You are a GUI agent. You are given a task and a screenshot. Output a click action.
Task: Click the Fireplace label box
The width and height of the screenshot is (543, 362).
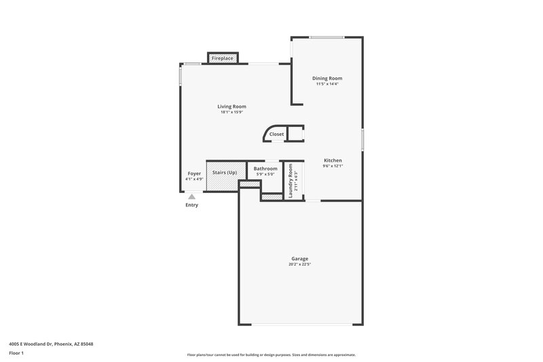click(223, 59)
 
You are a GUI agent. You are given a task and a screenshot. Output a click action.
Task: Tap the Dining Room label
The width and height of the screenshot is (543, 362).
click(326, 78)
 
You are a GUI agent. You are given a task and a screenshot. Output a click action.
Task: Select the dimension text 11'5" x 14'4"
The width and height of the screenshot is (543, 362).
click(326, 84)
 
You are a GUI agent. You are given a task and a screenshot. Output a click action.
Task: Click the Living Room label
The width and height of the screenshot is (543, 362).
click(231, 107)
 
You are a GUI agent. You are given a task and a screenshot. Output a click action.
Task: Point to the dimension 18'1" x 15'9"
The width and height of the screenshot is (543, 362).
click(231, 112)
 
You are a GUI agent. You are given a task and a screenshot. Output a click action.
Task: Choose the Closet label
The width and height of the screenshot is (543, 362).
click(276, 134)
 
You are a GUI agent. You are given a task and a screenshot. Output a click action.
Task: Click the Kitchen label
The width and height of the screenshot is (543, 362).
click(333, 160)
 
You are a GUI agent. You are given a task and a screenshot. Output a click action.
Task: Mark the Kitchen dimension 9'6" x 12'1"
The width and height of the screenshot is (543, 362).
click(333, 166)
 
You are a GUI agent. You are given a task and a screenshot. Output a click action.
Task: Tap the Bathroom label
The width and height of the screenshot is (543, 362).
click(265, 168)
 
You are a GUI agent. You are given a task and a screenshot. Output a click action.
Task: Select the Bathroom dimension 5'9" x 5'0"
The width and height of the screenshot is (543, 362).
click(265, 174)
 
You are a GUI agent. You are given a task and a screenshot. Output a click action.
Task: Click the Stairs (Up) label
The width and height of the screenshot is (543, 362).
click(225, 173)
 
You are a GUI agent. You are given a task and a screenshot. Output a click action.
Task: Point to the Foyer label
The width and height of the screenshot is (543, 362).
click(194, 174)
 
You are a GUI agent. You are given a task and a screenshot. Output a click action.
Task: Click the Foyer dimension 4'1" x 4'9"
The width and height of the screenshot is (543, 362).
click(194, 179)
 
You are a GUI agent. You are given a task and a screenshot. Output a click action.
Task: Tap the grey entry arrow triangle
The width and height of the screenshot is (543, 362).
click(192, 196)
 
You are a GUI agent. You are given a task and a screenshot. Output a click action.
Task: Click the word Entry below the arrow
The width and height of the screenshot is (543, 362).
click(192, 205)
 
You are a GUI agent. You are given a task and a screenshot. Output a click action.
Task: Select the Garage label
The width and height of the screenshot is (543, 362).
click(300, 259)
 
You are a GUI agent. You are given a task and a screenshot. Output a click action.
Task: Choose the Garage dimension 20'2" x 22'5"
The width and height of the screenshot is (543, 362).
click(300, 264)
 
